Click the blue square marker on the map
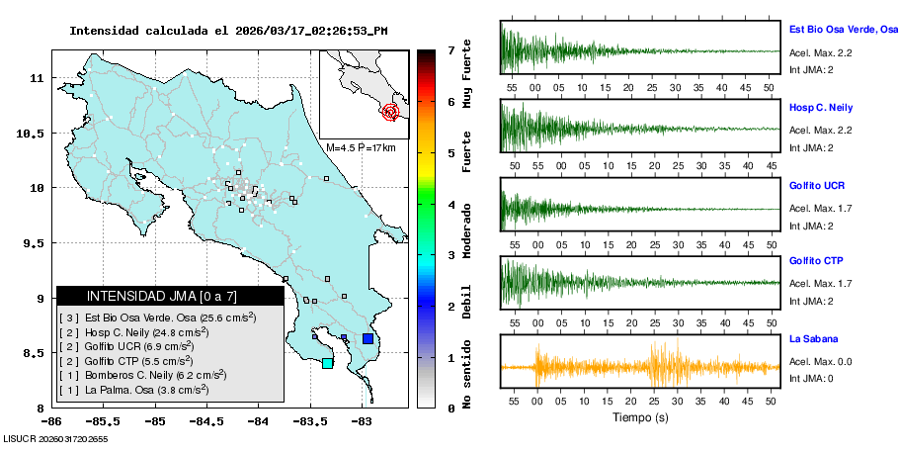(x=368, y=339)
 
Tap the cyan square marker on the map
(x=328, y=363)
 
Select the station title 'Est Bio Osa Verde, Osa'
(x=843, y=31)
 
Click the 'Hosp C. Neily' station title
(x=820, y=107)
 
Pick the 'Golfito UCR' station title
(x=816, y=185)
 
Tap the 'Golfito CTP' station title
(x=816, y=261)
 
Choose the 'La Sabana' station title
(x=810, y=338)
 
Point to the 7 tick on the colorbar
(x=449, y=49)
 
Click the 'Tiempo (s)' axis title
(x=639, y=417)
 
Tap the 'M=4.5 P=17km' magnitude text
(x=361, y=147)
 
